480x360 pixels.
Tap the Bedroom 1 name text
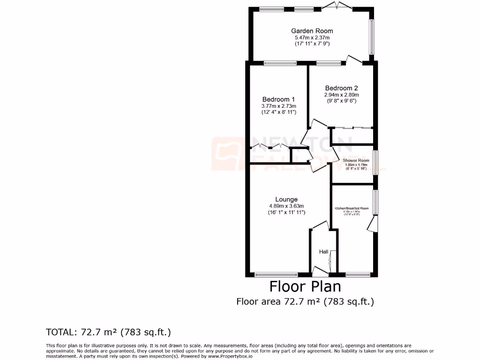click(x=278, y=99)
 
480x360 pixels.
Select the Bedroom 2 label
click(x=341, y=88)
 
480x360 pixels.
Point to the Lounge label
click(x=286, y=199)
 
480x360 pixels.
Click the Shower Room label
click(x=356, y=160)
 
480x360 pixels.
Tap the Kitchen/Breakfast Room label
click(x=352, y=208)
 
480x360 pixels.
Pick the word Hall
click(x=323, y=252)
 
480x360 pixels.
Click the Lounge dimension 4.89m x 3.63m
click(x=286, y=206)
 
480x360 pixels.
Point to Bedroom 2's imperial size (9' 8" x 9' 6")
click(x=341, y=100)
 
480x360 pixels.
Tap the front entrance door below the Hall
click(x=320, y=271)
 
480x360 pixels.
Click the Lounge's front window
click(x=276, y=275)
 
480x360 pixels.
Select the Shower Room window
click(x=375, y=162)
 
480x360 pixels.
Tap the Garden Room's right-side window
click(x=371, y=37)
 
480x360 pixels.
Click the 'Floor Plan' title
click(x=305, y=286)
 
